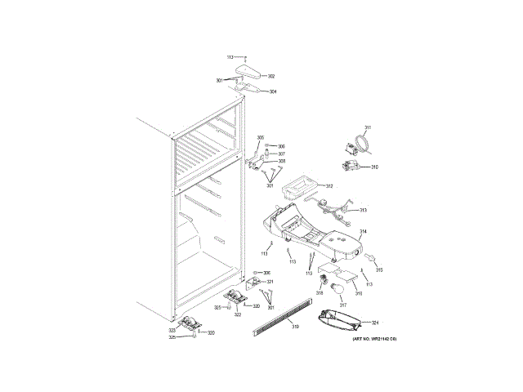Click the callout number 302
coord(270,75)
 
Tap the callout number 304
coord(272,91)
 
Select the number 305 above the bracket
coord(261,137)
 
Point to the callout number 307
coord(281,154)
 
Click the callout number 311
coord(368,127)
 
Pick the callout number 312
coord(329,186)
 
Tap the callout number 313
coord(363,210)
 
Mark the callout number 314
coord(363,231)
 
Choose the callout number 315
coord(379,269)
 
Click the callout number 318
coord(320,292)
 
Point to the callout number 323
coord(172,329)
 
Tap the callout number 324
coord(376,322)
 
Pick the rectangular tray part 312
coord(297,189)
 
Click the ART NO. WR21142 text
coord(374,338)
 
